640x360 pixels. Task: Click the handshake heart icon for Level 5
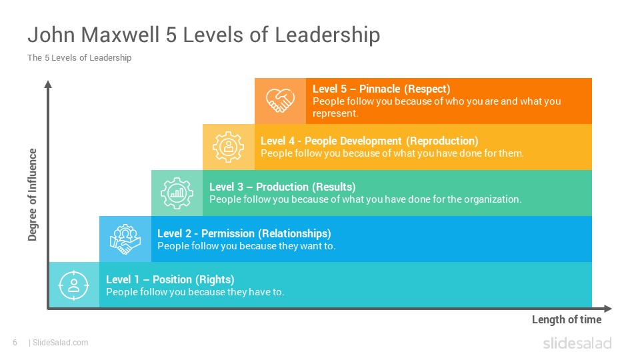(x=280, y=101)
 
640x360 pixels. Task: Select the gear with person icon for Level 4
(x=228, y=147)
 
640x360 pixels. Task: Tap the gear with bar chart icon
(x=177, y=193)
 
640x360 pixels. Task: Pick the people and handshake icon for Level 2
(x=125, y=239)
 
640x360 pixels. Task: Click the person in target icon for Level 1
(x=73, y=285)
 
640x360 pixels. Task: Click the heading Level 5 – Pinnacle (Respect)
(x=381, y=89)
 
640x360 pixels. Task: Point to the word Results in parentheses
(x=334, y=187)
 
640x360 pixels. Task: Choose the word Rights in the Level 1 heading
(x=215, y=279)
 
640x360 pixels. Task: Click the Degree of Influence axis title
(x=32, y=195)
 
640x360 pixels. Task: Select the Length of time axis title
(x=567, y=319)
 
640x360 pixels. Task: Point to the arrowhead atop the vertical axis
(x=48, y=84)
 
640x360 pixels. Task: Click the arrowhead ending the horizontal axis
(x=608, y=309)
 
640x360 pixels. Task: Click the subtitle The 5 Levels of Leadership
(x=79, y=57)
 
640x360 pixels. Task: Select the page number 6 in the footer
(x=15, y=343)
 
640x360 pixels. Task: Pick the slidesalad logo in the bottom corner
(x=577, y=343)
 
